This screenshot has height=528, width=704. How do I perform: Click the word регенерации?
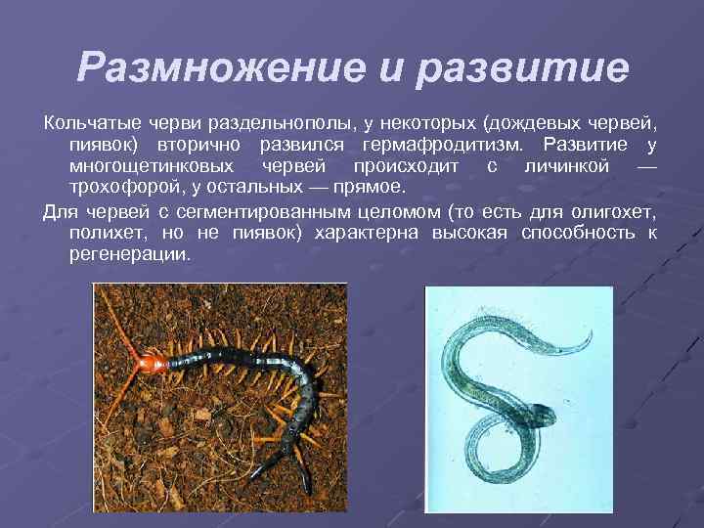pos(130,253)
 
